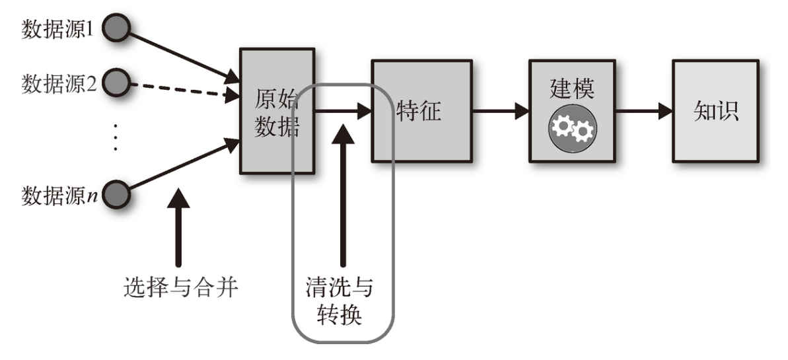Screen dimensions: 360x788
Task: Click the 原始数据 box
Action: [277, 110]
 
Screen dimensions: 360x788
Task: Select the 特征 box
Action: [421, 110]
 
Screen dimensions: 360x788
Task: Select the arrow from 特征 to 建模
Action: [500, 111]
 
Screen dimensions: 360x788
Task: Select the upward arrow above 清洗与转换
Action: [342, 192]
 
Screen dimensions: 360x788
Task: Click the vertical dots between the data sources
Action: [115, 137]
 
